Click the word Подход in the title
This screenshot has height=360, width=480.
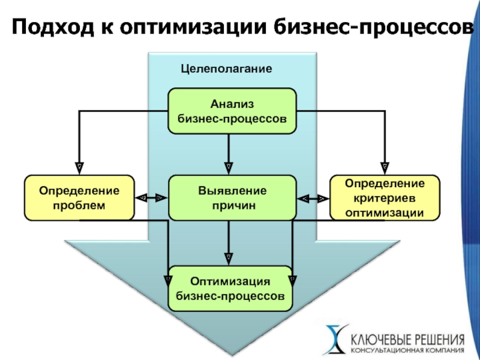[53, 27]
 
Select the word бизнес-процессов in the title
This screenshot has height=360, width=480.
[374, 27]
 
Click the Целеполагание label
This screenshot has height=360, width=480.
[226, 68]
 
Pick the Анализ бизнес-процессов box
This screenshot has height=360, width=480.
[232, 111]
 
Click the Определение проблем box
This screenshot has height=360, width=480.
[79, 198]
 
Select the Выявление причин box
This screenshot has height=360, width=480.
[232, 198]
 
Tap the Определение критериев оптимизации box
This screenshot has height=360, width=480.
[385, 198]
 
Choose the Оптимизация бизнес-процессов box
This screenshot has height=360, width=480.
[230, 289]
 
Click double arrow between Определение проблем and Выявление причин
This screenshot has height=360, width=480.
[152, 198]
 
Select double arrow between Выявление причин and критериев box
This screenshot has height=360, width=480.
[313, 199]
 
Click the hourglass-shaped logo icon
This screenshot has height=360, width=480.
[337, 339]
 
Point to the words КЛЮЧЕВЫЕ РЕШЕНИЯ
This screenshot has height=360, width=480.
[407, 340]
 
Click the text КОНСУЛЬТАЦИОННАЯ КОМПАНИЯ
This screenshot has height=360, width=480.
[407, 350]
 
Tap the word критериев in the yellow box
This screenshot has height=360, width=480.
[385, 198]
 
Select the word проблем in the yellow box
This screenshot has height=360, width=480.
[79, 205]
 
